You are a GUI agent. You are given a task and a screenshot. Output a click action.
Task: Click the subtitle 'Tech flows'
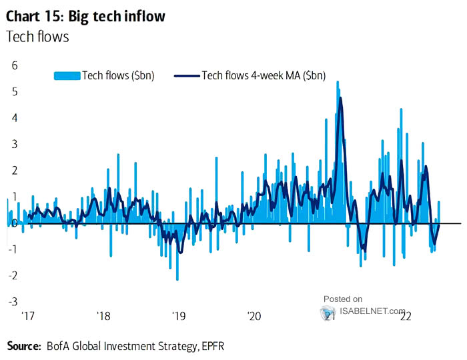(37, 37)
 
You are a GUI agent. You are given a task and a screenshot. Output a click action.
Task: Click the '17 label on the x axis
(28, 316)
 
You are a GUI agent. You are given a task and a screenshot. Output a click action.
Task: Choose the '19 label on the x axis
(178, 316)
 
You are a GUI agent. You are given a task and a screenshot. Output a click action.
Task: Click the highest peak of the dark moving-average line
(341, 99)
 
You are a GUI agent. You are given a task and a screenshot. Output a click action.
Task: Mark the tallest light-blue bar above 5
(338, 82)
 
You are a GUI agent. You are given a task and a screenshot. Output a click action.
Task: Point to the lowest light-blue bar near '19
(177, 279)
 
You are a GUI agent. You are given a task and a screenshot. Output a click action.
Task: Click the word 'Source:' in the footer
(23, 346)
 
